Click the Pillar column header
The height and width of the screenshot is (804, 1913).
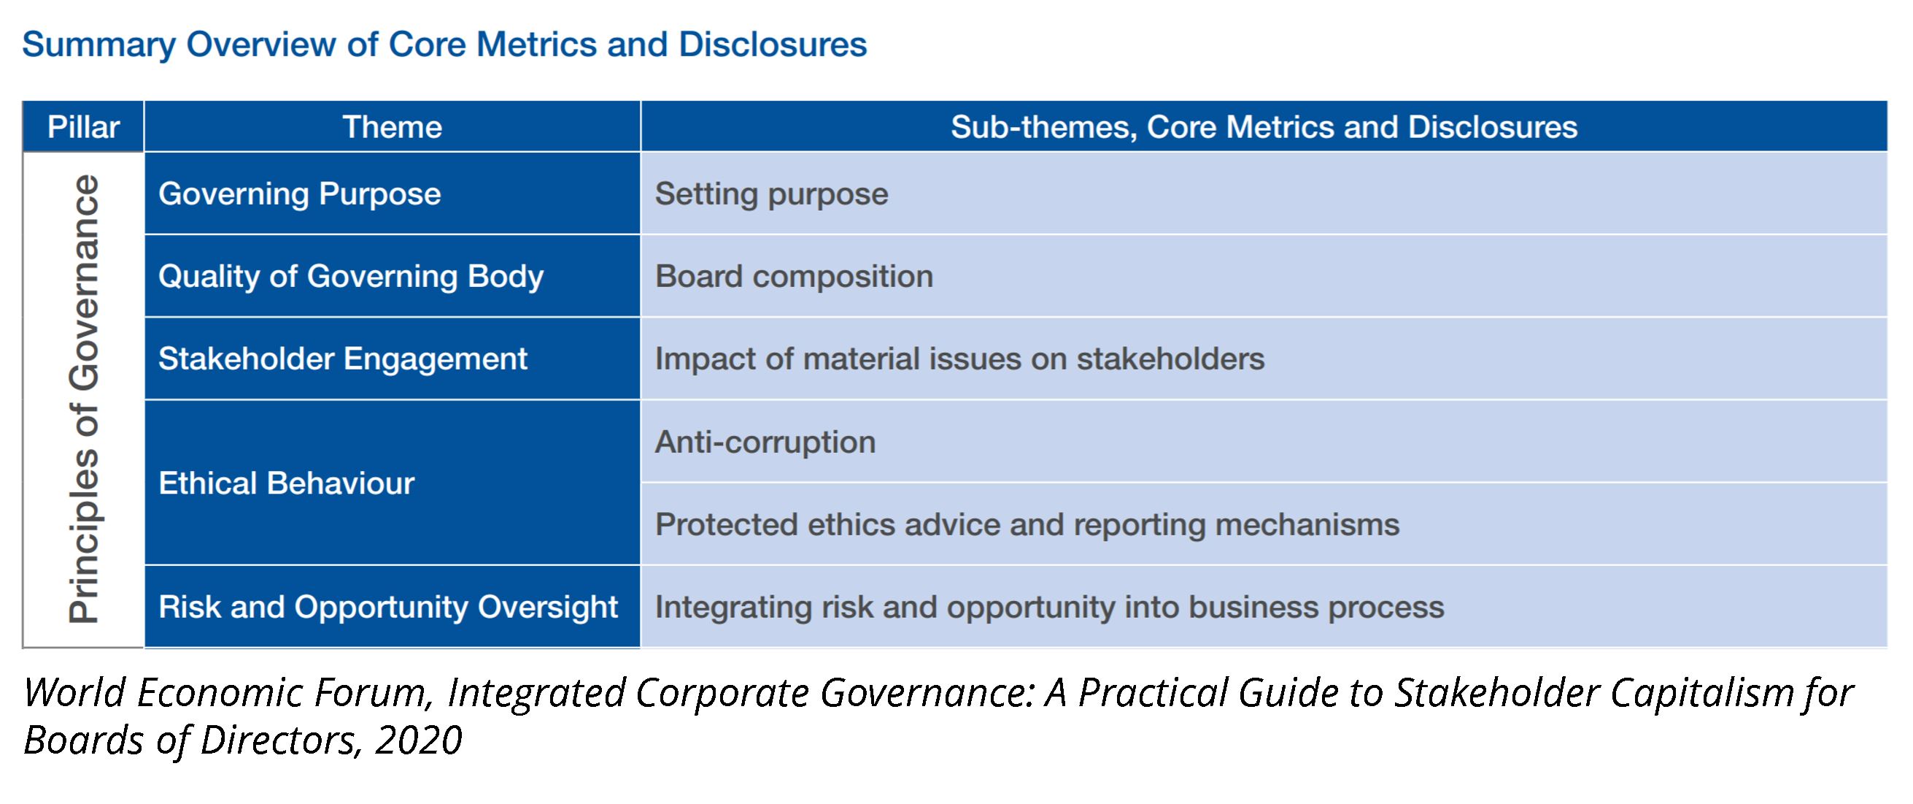83,127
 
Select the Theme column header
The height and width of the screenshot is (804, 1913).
392,127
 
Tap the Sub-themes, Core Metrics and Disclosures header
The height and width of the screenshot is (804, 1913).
1264,127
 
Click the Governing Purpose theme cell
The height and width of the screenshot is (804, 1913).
392,194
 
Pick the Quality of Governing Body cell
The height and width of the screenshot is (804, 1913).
392,277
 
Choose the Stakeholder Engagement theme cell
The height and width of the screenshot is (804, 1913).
392,359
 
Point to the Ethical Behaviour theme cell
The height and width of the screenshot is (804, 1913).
392,483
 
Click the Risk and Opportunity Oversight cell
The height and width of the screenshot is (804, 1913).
392,607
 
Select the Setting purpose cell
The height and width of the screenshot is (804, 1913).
1264,194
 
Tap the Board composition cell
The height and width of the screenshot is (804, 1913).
1264,277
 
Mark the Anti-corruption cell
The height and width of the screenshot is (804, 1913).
1264,442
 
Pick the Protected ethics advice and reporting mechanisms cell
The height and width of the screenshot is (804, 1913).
1264,524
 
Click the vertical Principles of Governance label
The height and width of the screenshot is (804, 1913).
84,399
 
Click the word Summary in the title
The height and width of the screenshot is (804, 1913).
98,45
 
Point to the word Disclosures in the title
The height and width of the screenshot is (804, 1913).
773,45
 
